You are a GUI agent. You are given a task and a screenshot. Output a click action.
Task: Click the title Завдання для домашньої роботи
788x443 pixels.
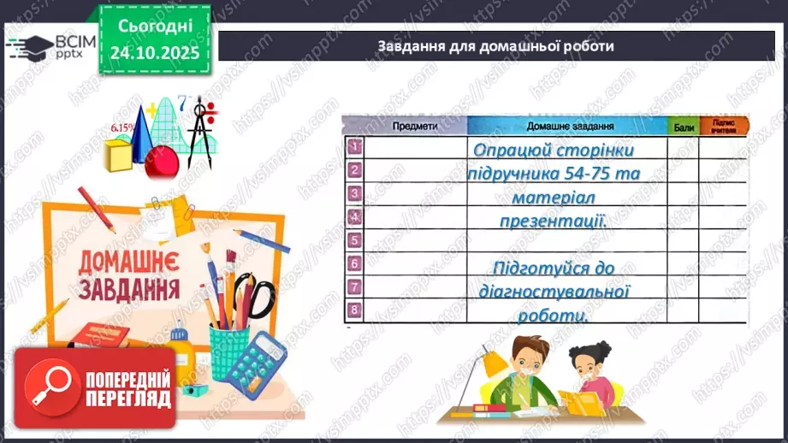(x=495, y=46)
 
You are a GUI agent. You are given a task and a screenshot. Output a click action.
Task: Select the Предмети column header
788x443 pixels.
(x=415, y=125)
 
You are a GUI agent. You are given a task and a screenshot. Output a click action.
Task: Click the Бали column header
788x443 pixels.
(x=683, y=125)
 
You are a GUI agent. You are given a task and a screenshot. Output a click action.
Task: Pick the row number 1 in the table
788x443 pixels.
(x=354, y=146)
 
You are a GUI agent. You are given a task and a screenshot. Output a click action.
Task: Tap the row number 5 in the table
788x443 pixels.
(x=354, y=239)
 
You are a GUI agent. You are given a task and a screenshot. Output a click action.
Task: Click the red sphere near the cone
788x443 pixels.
(x=161, y=162)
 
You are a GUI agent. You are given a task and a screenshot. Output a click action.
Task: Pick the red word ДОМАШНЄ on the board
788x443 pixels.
(x=129, y=261)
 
